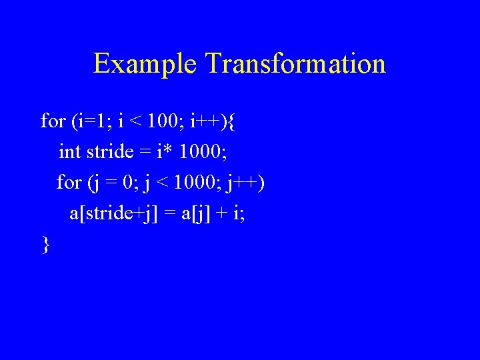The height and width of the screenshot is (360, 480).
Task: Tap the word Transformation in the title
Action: click(x=295, y=64)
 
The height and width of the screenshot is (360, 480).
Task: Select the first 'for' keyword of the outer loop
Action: click(x=53, y=121)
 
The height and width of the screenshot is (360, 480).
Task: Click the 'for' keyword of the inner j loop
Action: click(x=69, y=183)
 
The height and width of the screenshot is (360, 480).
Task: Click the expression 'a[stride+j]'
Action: click(x=113, y=214)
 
